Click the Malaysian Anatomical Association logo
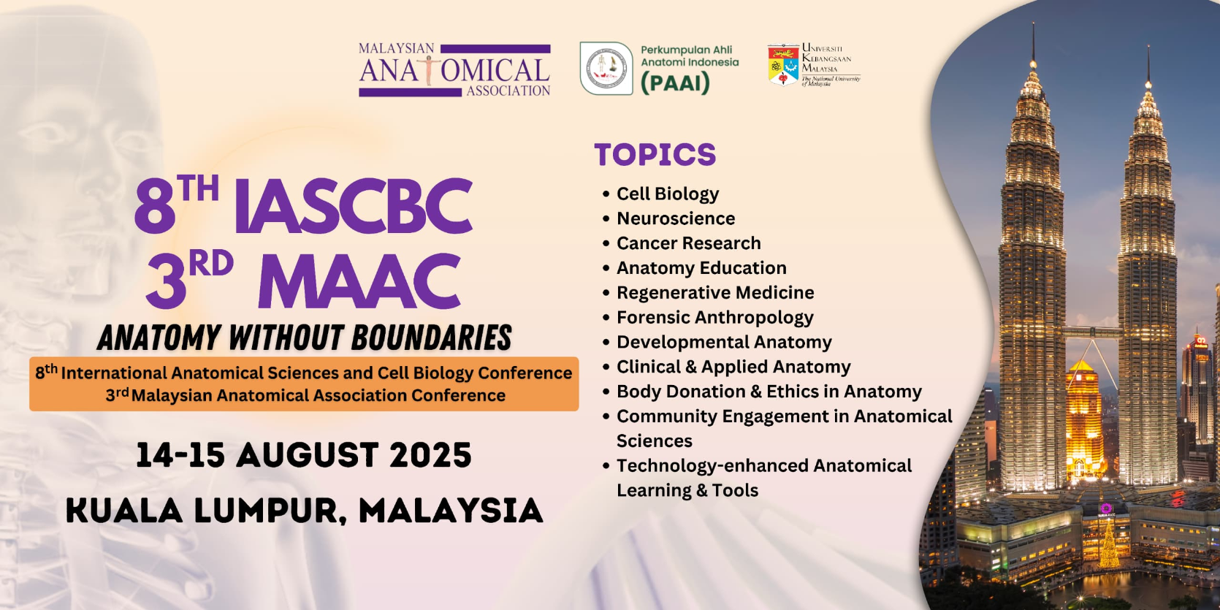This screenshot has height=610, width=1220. [x=454, y=69]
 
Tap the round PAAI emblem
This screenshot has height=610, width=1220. [x=606, y=69]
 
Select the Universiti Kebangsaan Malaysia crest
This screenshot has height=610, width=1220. [x=783, y=65]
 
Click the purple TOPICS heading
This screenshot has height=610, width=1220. [x=655, y=154]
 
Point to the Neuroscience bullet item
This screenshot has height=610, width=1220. [x=675, y=218]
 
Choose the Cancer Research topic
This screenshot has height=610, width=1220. [x=688, y=243]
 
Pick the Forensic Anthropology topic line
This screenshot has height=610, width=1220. [x=714, y=318]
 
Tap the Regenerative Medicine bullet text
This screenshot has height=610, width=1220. [x=715, y=292]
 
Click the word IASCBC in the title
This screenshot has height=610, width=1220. [x=353, y=207]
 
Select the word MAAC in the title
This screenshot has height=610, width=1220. [x=359, y=281]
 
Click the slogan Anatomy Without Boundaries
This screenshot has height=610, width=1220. [x=305, y=337]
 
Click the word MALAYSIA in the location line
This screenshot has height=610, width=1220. [x=451, y=511]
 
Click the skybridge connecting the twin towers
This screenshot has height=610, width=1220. [x=1091, y=331]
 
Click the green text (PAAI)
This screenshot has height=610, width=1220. [x=675, y=83]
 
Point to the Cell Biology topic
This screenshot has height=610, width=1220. [x=668, y=194]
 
